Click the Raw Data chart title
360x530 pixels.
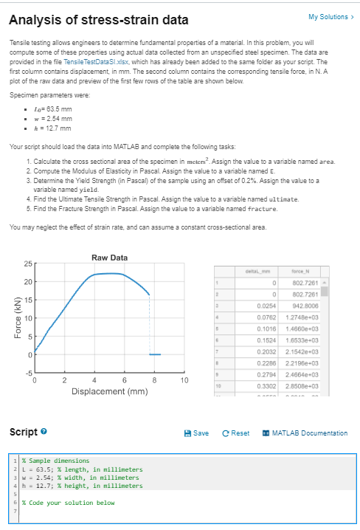click(110, 258)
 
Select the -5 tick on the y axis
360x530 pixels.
click(27, 374)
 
